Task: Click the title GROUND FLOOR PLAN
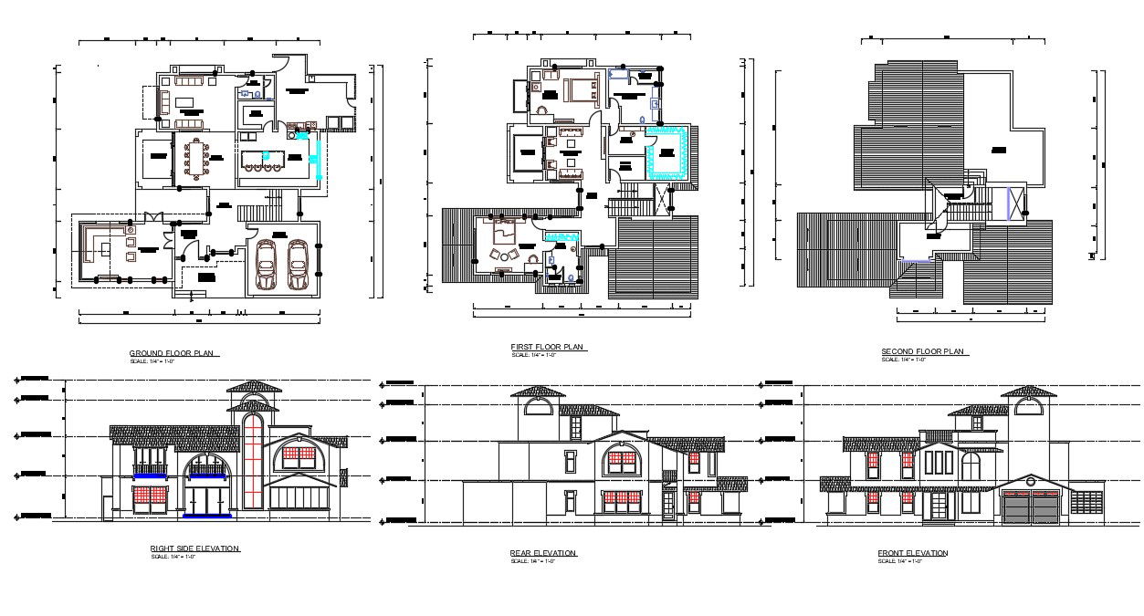point(174,353)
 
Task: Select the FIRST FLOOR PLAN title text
point(547,347)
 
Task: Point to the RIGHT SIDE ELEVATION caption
point(194,548)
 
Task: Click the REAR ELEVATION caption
point(543,553)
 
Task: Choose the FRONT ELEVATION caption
point(912,553)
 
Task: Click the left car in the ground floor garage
point(267,265)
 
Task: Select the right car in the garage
point(298,265)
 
